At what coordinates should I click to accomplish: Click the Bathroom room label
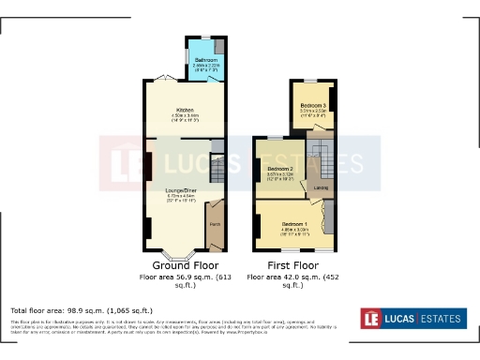[x=205, y=59]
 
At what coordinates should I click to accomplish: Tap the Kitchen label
[x=184, y=110]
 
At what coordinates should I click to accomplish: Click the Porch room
[x=215, y=224]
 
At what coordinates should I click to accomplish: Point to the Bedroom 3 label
[x=313, y=105]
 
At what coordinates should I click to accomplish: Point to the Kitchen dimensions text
[x=184, y=117]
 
